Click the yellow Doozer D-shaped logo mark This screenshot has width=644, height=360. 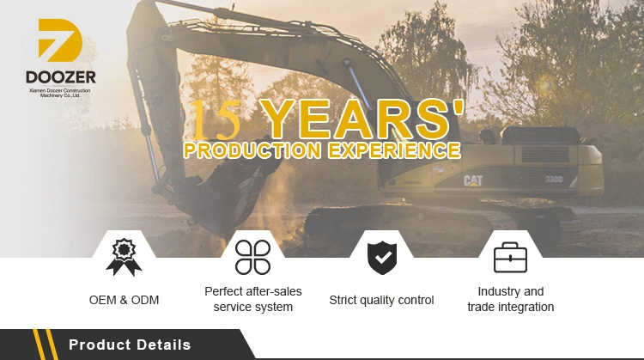click(x=60, y=40)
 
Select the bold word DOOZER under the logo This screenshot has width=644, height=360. click(x=61, y=76)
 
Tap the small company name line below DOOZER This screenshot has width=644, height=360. click(x=60, y=93)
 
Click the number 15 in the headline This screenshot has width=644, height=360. click(x=215, y=119)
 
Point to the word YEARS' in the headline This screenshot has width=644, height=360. click(x=363, y=119)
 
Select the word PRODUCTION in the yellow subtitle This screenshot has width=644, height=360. click(x=252, y=150)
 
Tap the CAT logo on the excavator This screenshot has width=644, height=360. click(x=473, y=180)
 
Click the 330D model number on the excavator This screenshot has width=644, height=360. click(x=554, y=180)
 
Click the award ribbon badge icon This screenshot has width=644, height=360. click(x=124, y=257)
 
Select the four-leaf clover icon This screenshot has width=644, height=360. click(x=252, y=257)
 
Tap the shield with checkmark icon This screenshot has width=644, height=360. click(x=382, y=258)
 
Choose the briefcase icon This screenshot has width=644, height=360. click(x=511, y=258)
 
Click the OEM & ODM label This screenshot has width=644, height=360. click(x=124, y=300)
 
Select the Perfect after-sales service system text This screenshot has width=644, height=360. click(x=253, y=299)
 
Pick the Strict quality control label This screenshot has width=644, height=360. click(x=381, y=300)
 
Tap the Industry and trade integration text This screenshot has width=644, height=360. click(x=511, y=299)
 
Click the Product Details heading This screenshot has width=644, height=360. click(x=130, y=345)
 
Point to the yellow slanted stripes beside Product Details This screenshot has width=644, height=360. click(x=45, y=345)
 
